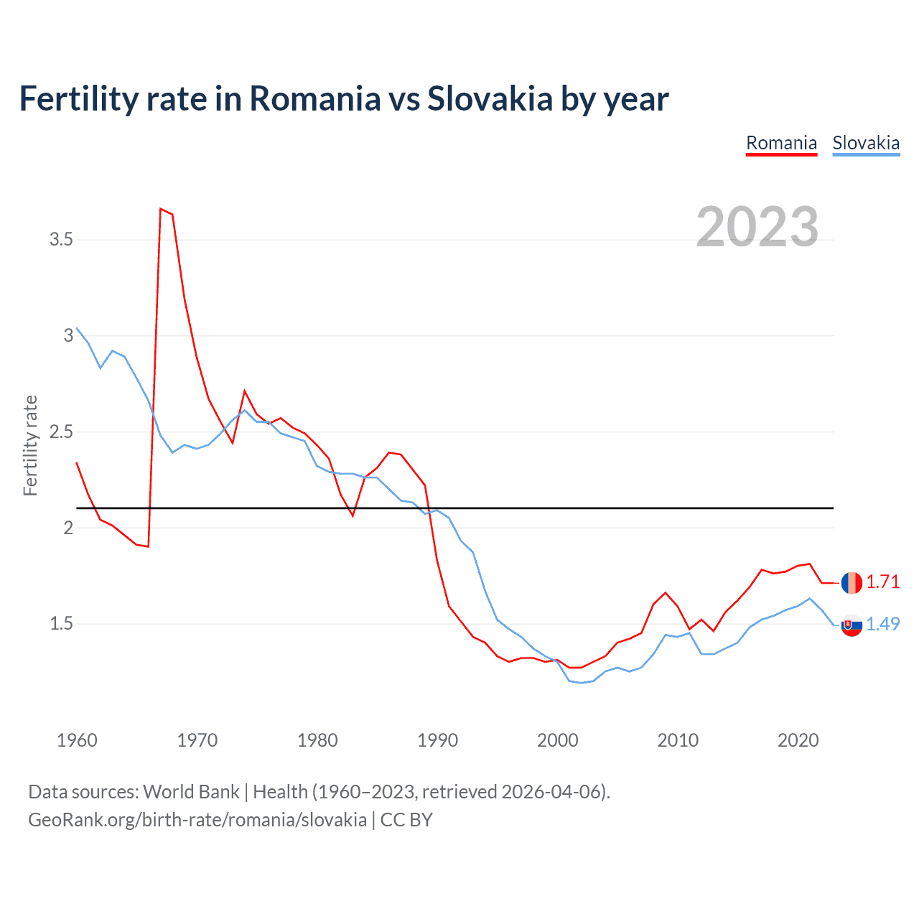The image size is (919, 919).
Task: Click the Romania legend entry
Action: coord(781,143)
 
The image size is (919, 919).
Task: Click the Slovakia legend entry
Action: coord(866,143)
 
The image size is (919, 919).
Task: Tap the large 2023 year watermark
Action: coord(757,227)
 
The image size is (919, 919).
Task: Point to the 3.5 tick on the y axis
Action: coord(61,239)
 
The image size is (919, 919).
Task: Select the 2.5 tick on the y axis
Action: coord(61,431)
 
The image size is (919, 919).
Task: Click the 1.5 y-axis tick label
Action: coord(61,623)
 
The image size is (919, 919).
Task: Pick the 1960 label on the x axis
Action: coord(77,740)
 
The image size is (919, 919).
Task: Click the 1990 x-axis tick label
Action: coord(437,740)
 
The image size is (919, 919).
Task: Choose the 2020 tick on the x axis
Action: coord(798,740)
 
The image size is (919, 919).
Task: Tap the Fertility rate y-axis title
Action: coord(30,445)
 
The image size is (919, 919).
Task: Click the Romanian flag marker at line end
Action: coord(852,582)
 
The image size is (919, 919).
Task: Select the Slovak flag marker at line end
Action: coord(852,625)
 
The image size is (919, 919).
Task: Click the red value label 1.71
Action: coord(882,582)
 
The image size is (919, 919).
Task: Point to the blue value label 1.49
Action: coord(882,624)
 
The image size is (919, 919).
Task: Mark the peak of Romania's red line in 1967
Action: coord(161,209)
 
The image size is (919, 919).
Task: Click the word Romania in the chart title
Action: coord(314,98)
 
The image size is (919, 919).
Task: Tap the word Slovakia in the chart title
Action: coord(490,98)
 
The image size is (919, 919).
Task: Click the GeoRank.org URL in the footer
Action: coord(197,819)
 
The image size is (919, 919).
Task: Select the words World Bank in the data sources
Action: coord(191,791)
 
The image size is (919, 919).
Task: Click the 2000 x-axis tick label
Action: coord(558,740)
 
